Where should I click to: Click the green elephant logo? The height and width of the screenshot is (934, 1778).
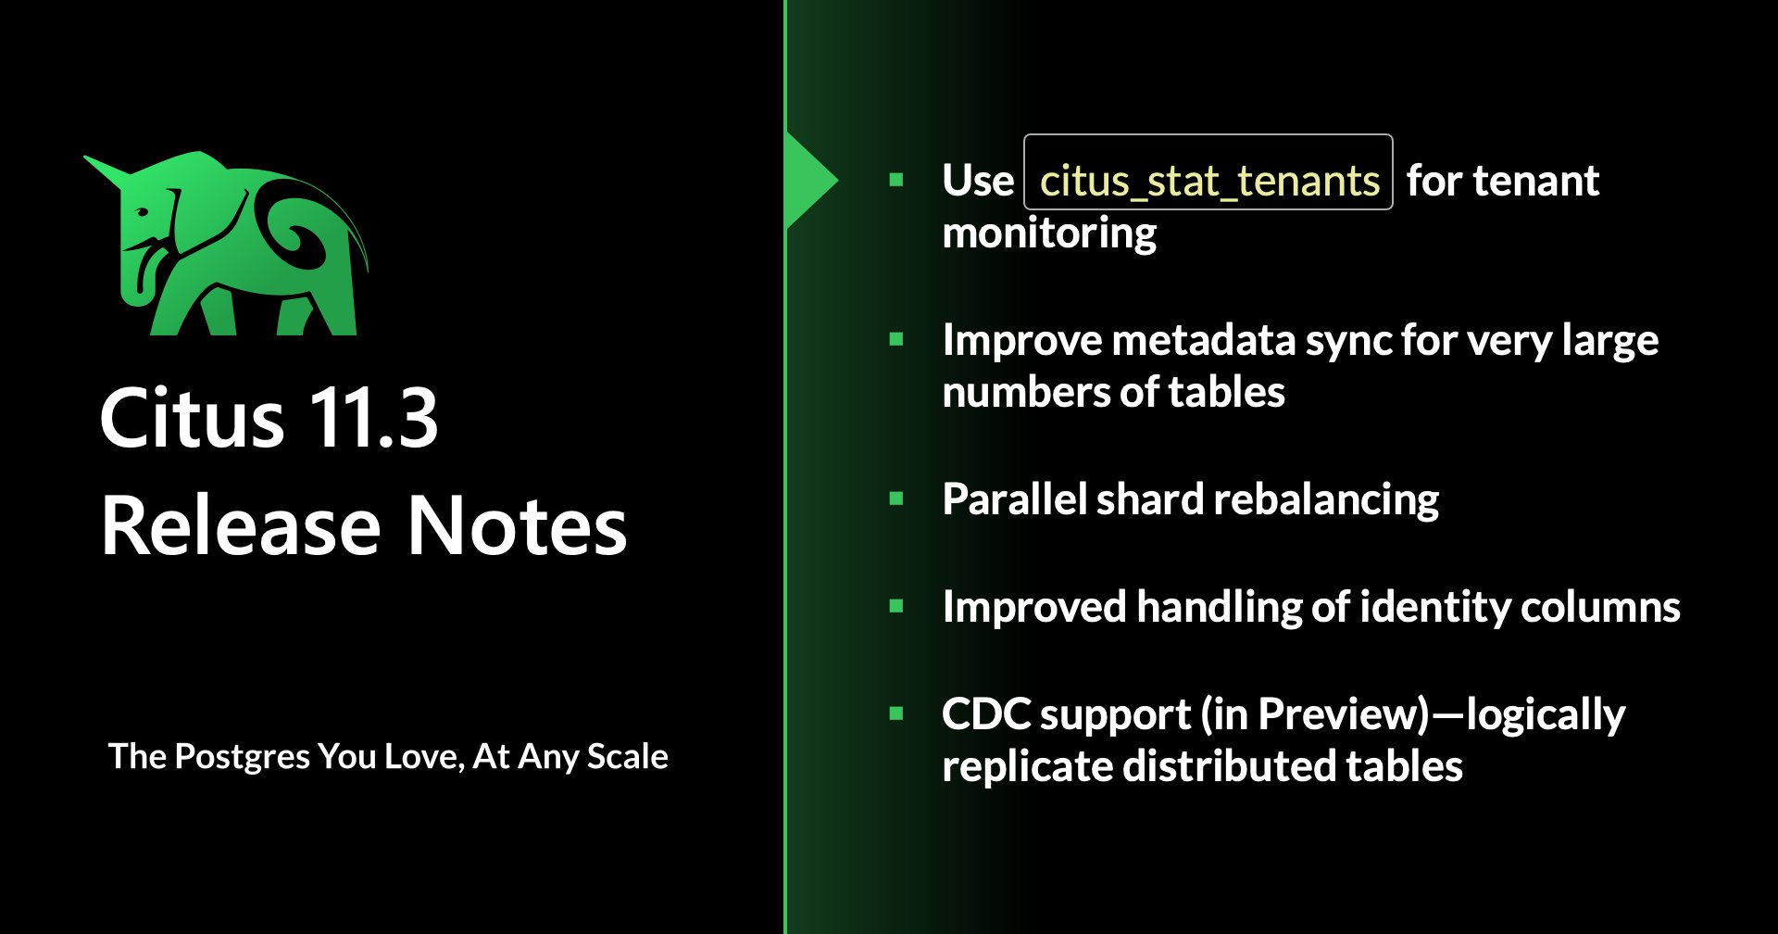232,246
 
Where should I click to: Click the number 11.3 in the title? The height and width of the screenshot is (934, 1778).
372,419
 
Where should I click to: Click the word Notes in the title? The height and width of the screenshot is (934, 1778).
518,526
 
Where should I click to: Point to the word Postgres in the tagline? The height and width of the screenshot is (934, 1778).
242,758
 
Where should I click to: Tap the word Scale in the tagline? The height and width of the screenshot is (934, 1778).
627,756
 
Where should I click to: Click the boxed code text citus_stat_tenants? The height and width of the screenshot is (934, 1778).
1208,181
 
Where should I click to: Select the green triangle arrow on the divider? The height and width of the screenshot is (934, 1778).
810,181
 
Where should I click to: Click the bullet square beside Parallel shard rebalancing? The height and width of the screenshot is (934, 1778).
895,499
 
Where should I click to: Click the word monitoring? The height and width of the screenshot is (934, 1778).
1049,233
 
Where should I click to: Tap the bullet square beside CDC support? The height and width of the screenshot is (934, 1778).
895,713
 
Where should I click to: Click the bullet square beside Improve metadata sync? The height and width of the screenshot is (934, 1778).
895,339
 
